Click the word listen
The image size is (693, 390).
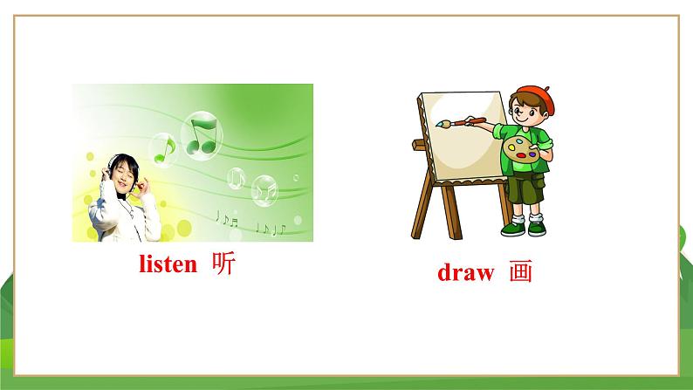click(168, 265)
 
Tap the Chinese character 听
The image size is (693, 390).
click(223, 265)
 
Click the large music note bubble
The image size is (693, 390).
click(202, 136)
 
